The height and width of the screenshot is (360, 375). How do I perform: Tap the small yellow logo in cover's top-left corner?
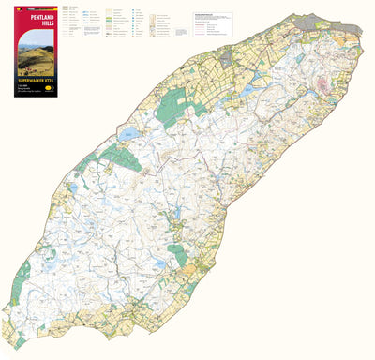13,9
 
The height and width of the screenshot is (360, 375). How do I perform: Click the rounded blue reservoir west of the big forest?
132,134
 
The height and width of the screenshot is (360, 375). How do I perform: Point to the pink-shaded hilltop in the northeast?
326,86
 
